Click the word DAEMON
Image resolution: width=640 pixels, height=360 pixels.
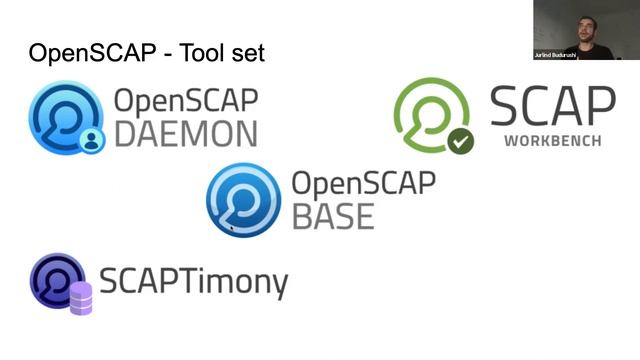(185, 133)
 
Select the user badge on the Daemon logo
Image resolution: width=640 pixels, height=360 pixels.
(92, 140)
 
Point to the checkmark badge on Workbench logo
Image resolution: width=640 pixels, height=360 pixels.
(460, 141)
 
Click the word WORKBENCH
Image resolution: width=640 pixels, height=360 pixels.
(552, 141)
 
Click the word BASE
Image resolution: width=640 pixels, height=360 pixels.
(333, 215)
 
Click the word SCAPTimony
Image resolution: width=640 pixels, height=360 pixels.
(193, 282)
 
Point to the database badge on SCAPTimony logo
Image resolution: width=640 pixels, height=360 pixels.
(81, 298)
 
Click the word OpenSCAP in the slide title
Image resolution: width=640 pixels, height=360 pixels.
(89, 53)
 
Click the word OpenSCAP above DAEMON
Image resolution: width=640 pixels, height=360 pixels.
(186, 100)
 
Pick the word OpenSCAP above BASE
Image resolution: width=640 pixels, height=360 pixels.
(363, 183)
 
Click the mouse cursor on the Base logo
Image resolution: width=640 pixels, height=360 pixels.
(232, 228)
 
